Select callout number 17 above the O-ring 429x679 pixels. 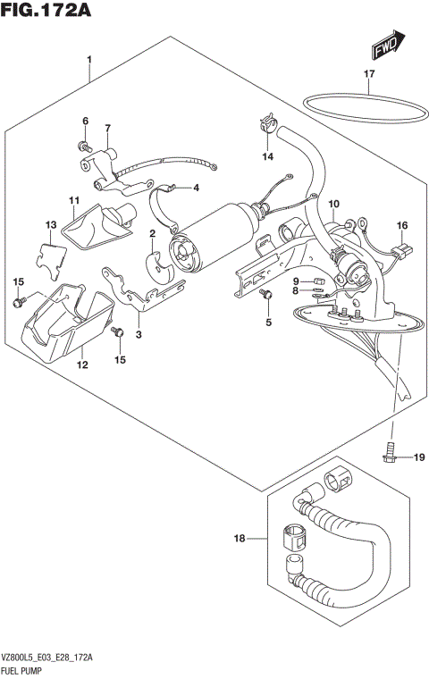368,74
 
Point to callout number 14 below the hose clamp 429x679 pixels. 266,157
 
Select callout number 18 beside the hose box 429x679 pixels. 239,539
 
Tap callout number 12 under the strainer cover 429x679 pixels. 82,365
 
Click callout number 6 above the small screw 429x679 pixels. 86,121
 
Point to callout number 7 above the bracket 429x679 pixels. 107,128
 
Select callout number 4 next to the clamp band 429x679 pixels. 196,188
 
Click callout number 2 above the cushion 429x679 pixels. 153,233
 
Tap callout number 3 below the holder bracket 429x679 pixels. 139,334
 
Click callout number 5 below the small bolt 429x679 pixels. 266,323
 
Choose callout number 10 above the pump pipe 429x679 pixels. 332,205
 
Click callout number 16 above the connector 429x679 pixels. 401,225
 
